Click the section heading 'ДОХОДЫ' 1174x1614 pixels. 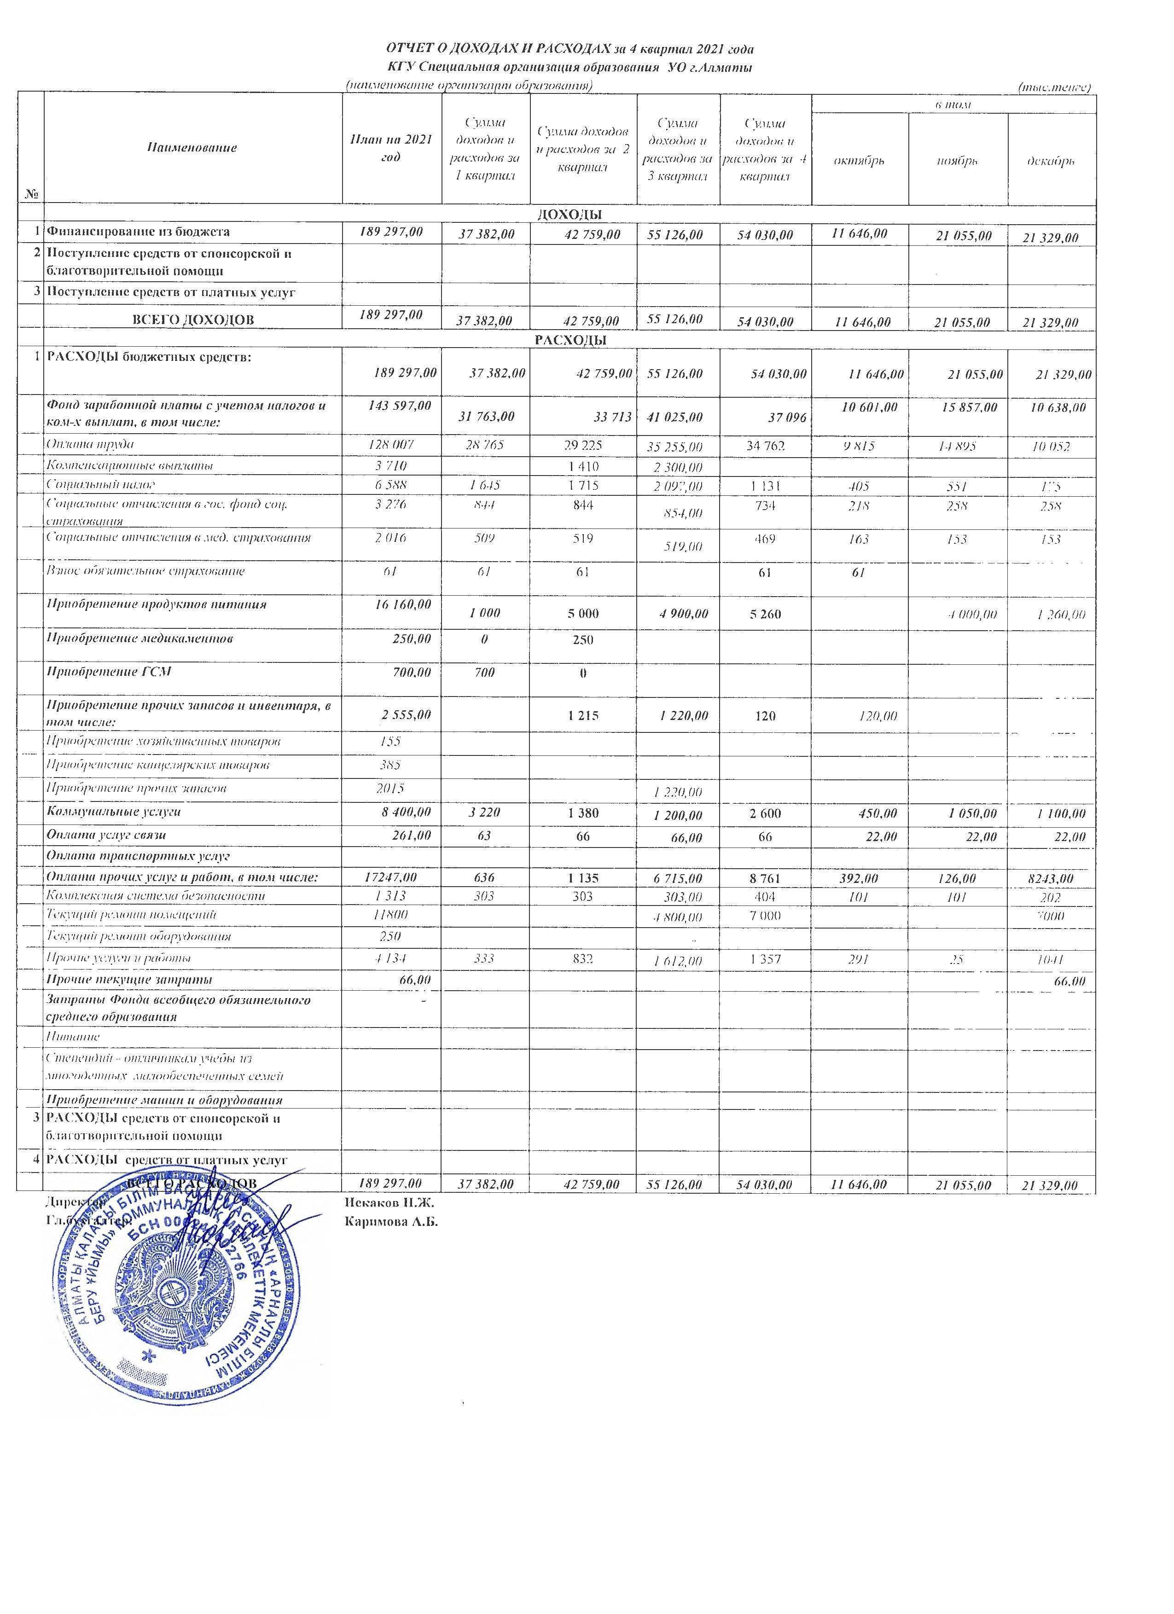[569, 214]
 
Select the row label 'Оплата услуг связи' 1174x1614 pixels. [110, 835]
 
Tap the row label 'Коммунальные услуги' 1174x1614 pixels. [114, 811]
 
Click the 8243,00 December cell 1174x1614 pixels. [1052, 879]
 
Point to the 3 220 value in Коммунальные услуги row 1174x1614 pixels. [484, 813]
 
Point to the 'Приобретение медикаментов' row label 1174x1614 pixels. [140, 639]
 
